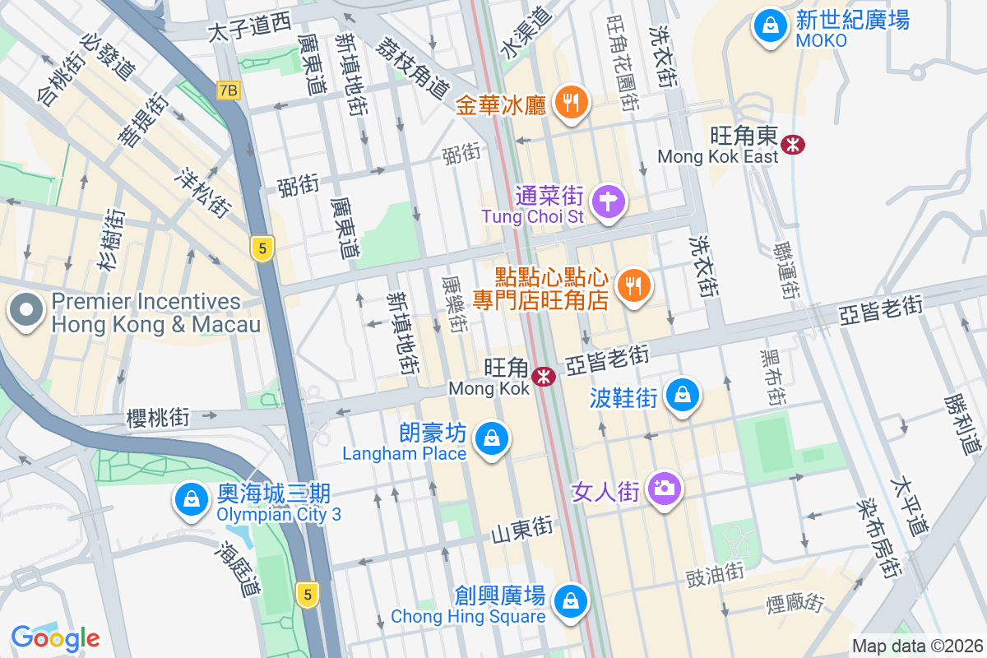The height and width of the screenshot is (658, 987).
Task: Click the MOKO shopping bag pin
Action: coord(770,26)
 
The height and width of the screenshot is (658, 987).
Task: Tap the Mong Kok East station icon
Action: coord(794,145)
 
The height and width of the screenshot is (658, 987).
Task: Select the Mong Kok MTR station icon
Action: coord(543,377)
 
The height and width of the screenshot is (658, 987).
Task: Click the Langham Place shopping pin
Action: coord(492,438)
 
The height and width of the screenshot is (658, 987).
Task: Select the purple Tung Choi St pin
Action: coord(609,201)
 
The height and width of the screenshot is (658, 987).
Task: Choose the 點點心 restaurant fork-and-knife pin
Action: coord(633,285)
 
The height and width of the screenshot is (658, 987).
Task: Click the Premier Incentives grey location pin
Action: coord(27,312)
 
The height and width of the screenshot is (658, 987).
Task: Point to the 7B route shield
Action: coord(229,90)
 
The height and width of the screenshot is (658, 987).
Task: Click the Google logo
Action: coord(55,637)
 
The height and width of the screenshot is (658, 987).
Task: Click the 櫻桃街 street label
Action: coord(158,418)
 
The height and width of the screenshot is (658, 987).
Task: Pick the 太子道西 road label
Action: coord(249,29)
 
